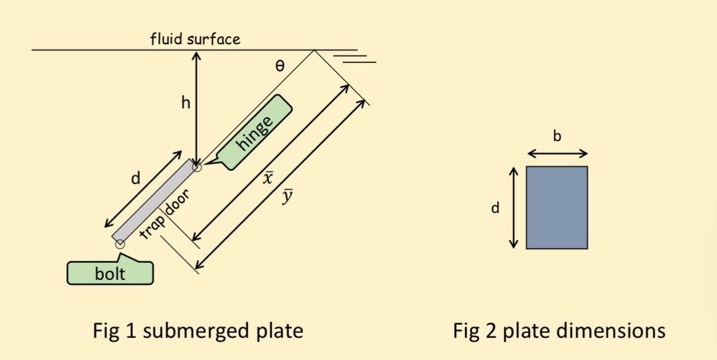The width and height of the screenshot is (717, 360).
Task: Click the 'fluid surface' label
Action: [195, 39]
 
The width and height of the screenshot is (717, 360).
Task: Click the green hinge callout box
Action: [256, 133]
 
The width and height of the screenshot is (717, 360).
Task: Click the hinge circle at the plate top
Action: [197, 166]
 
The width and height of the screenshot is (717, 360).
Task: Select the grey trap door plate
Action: [154, 201]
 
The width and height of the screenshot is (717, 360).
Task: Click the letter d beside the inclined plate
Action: [135, 179]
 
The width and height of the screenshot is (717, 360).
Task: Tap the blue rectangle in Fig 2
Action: [556, 207]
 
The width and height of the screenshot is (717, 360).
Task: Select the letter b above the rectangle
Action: [557, 136]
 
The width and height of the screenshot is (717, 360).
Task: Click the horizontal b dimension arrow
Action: [557, 153]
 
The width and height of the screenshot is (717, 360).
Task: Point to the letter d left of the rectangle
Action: [495, 208]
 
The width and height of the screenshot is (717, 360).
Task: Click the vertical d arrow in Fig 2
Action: [514, 207]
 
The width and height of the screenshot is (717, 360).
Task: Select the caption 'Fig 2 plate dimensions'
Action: [559, 330]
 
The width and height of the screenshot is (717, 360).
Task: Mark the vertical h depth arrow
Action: [197, 107]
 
